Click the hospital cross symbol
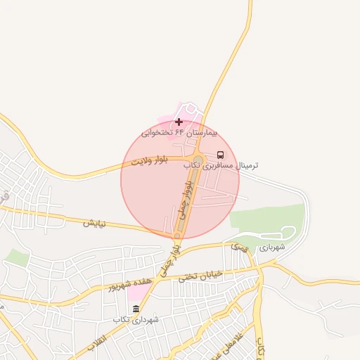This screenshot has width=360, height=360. (x=179, y=122)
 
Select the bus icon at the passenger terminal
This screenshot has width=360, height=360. (x=221, y=155)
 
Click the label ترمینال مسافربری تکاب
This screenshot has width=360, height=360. (x=221, y=165)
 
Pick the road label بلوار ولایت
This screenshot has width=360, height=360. (x=150, y=162)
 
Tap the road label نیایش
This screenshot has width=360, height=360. (x=94, y=224)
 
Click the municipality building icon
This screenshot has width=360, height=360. (x=136, y=309)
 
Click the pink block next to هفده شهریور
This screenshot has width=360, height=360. (x=140, y=289)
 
